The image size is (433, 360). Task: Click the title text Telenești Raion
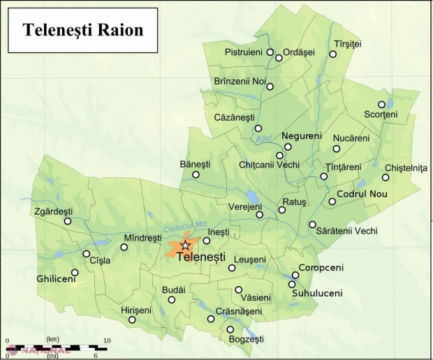pos(82,30)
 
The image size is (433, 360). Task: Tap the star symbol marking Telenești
pos(185,246)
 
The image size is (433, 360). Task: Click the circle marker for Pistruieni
pos(270,52)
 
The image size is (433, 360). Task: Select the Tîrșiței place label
pos(347,44)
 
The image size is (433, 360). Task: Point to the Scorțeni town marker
pos(381,105)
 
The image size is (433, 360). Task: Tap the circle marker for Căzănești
pos(258,128)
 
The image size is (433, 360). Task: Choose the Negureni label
pos(301,135)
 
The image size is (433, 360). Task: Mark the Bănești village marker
pos(196,174)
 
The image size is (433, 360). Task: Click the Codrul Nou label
pos(361,193)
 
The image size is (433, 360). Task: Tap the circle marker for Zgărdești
pos(68,221)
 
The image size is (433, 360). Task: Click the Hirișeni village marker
pos(132,320)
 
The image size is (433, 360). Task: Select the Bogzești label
pos(247,339)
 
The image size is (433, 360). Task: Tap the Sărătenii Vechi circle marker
pos(312,225)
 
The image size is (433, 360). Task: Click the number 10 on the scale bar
pos(107,340)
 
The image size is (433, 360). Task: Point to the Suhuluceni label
pos(318,293)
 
